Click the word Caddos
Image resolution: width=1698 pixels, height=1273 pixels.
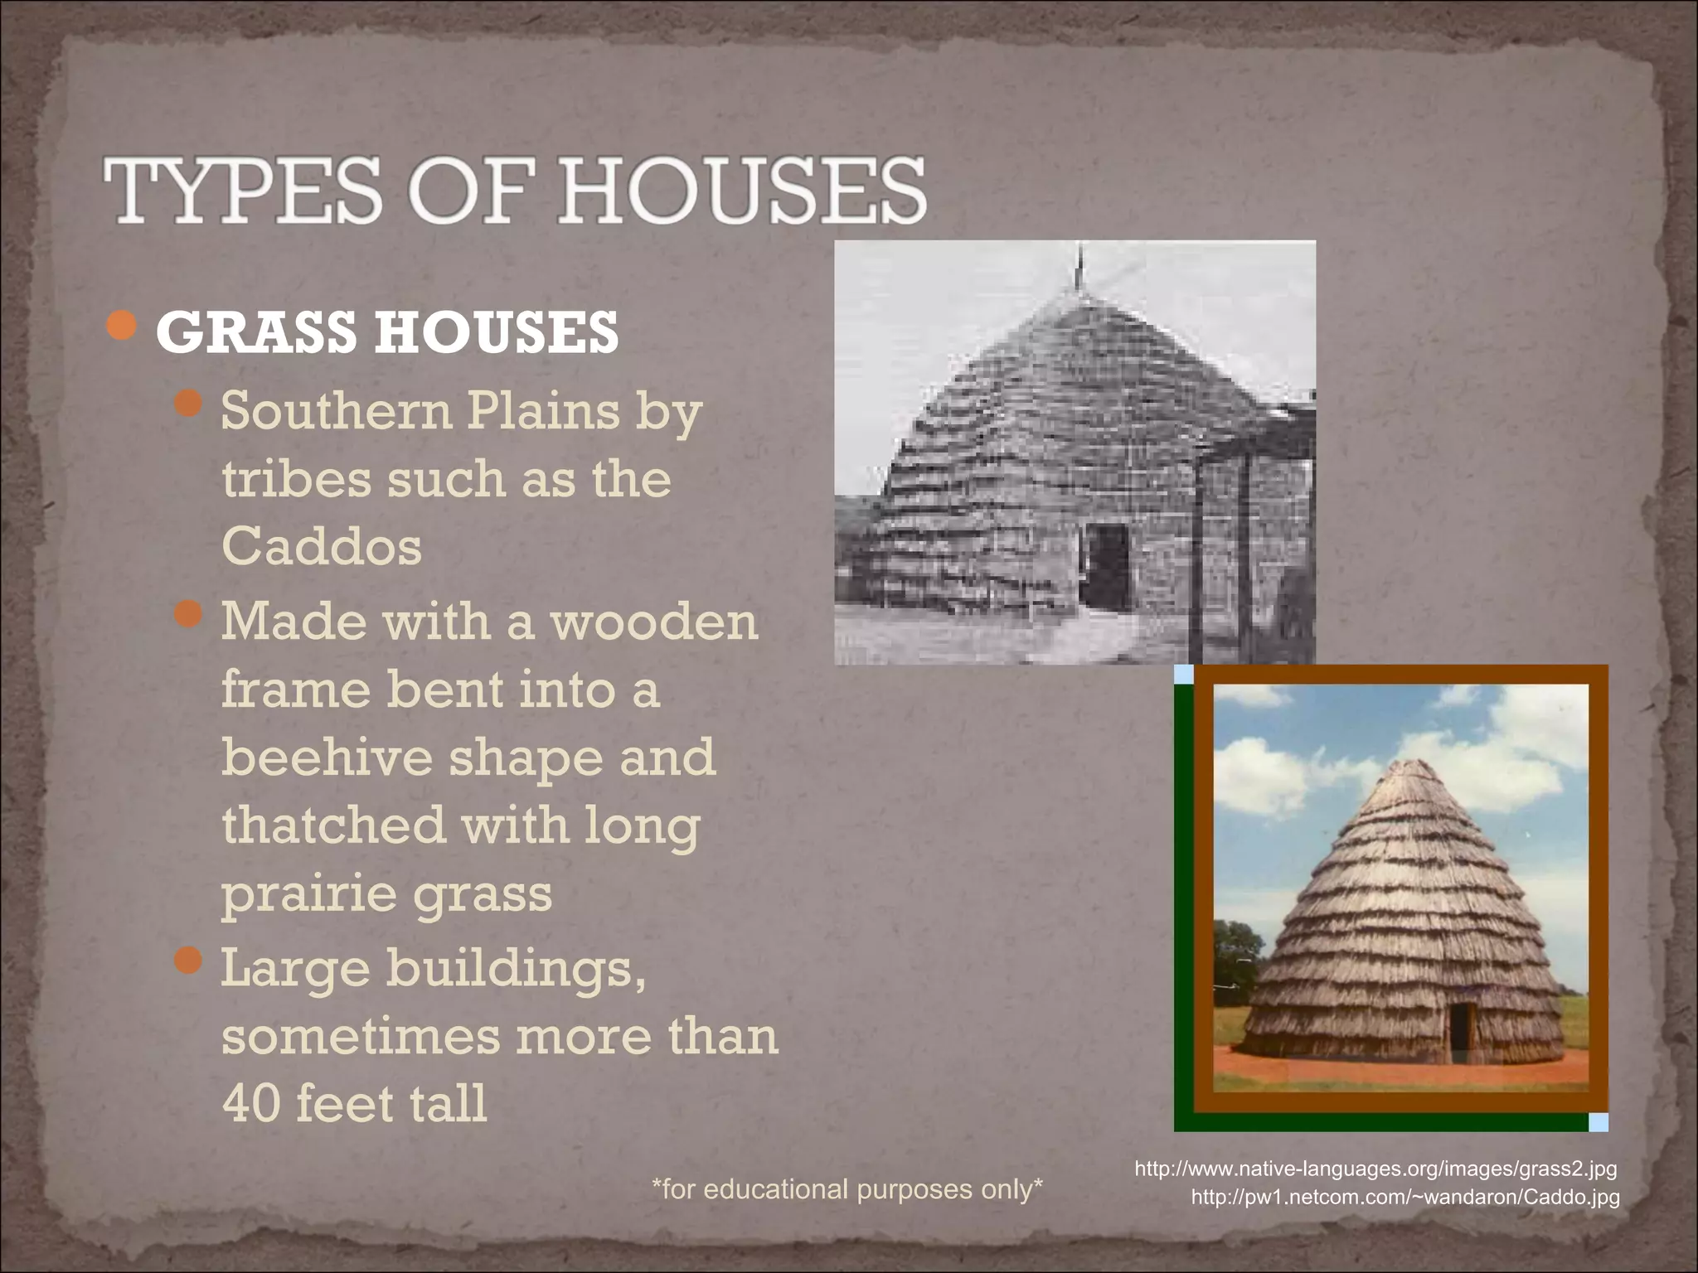(322, 547)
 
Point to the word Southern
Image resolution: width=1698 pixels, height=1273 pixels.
(337, 411)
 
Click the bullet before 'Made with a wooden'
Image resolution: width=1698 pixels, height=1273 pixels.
(189, 614)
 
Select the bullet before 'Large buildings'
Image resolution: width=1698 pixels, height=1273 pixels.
(189, 961)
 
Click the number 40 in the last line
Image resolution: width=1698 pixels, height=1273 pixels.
(250, 1103)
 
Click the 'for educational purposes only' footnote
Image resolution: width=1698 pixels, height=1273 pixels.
(847, 1189)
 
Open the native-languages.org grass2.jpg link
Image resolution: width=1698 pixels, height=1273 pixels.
(1375, 1169)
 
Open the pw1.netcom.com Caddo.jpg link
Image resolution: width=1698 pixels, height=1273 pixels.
(1405, 1198)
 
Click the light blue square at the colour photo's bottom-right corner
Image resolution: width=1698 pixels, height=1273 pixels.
(1599, 1122)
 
